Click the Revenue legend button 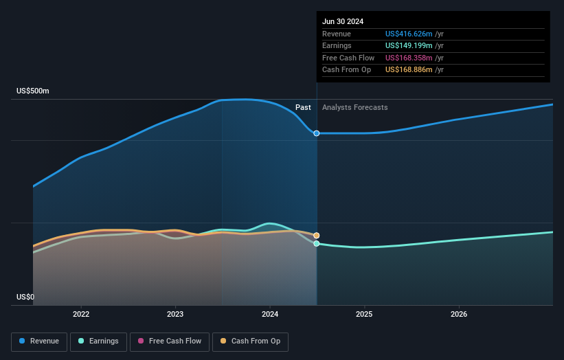(x=39, y=341)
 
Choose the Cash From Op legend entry (x=250, y=341)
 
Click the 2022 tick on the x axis (x=81, y=314)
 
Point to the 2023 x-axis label (x=175, y=314)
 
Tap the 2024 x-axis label (x=270, y=314)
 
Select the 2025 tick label (x=364, y=314)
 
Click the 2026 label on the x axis (x=459, y=314)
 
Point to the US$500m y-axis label (x=33, y=91)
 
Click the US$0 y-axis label (x=25, y=297)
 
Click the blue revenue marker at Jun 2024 (x=317, y=133)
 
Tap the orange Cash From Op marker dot (x=317, y=236)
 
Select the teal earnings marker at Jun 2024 (x=317, y=244)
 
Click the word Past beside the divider (x=303, y=108)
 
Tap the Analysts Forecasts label (x=354, y=108)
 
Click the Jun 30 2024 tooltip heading (x=343, y=21)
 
